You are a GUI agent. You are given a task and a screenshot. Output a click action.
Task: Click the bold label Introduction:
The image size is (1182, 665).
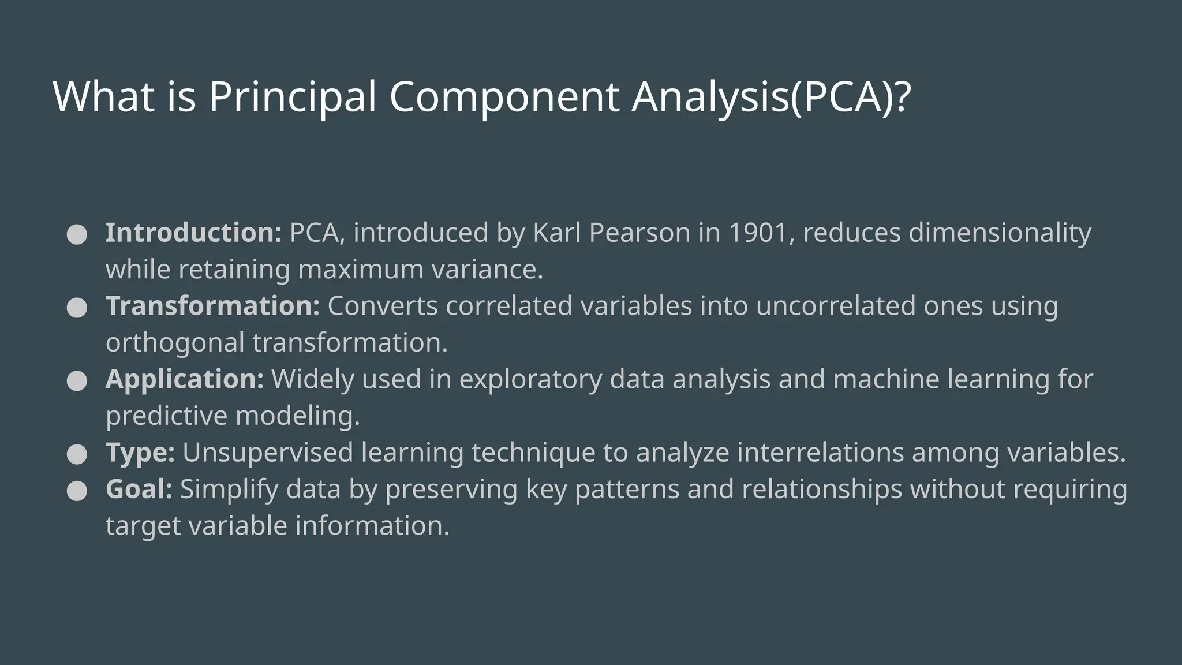tap(193, 233)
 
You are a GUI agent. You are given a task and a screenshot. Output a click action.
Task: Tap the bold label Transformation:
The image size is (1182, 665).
tap(212, 306)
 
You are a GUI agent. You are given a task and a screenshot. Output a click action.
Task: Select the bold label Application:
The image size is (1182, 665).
tap(185, 379)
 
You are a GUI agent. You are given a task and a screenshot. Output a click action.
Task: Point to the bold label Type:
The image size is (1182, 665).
tap(140, 452)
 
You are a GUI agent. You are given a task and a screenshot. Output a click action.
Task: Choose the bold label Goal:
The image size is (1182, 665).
tap(139, 489)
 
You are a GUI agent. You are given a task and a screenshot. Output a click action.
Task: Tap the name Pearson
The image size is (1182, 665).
tap(639, 233)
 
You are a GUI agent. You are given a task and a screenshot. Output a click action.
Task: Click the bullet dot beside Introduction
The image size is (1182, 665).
tap(77, 234)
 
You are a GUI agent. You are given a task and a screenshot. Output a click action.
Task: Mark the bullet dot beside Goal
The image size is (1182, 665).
tap(77, 491)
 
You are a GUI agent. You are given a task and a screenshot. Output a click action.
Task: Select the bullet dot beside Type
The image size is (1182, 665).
tap(77, 454)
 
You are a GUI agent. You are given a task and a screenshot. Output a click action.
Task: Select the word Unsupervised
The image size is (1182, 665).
tap(268, 452)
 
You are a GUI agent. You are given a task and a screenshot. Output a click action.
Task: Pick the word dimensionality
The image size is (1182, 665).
tap(1000, 233)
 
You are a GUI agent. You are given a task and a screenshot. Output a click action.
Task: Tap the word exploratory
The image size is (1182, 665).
tap(530, 379)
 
